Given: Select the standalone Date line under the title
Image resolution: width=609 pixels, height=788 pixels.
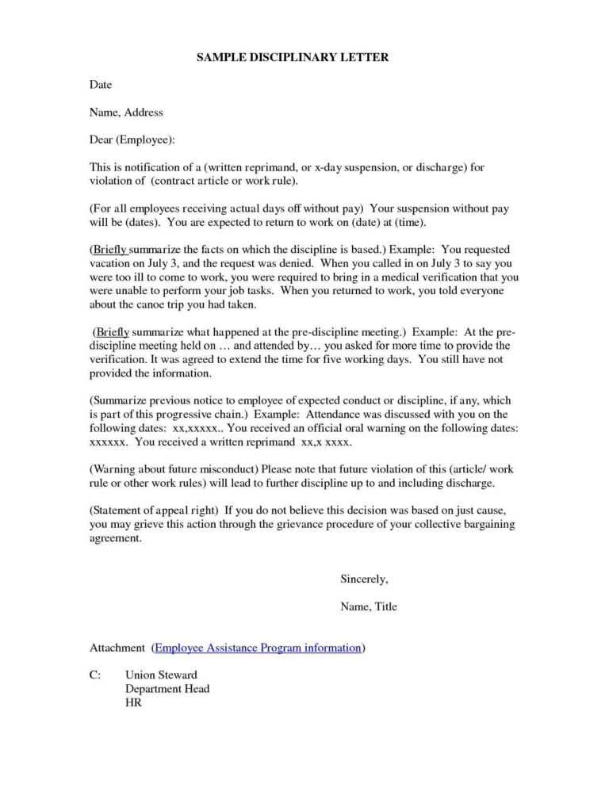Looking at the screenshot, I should [101, 85].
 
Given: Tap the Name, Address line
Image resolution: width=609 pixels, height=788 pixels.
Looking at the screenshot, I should [126, 113].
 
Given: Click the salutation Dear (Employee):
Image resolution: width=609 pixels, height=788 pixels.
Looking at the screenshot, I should [132, 140].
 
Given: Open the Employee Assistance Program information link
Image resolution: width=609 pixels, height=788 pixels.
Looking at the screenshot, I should [259, 648].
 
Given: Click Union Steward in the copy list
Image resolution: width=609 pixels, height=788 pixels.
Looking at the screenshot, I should [161, 675].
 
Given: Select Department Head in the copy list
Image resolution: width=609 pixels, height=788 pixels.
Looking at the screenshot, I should [167, 689].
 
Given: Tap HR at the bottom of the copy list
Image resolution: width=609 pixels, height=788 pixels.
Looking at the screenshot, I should [133, 702].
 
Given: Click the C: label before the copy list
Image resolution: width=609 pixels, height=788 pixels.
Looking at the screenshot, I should [95, 675].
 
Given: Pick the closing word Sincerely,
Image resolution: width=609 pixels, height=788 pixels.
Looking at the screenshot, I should [364, 579].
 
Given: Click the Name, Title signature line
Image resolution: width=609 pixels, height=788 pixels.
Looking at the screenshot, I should [369, 606].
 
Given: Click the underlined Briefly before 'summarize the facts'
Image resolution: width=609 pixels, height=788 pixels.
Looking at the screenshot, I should [109, 250].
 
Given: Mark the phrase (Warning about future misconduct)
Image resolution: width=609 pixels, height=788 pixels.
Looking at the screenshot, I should [174, 469].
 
